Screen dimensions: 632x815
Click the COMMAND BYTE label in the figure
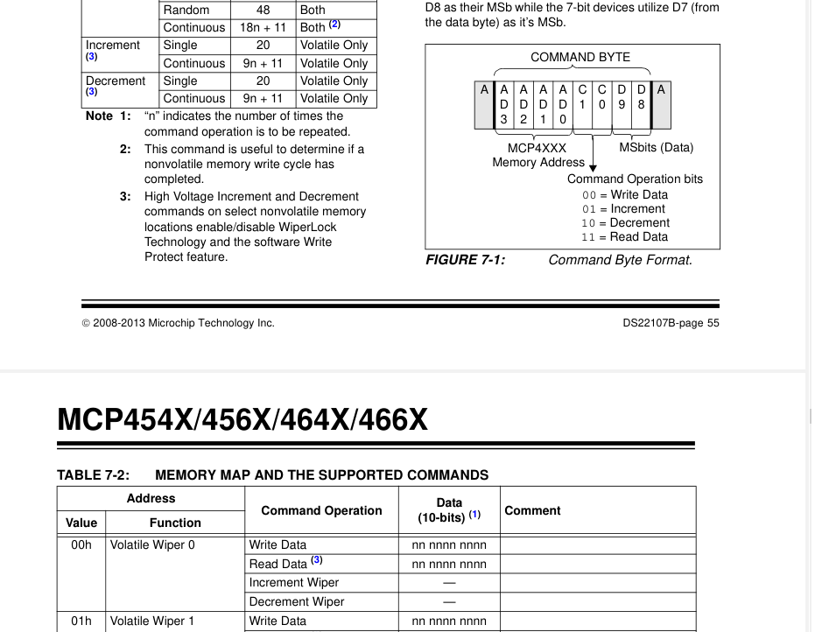point(580,57)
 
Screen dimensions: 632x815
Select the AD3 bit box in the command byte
point(504,104)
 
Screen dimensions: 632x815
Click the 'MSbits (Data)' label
point(656,147)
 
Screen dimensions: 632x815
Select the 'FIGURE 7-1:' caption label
point(465,260)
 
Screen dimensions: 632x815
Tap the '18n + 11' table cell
point(263,27)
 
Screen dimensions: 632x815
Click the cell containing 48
point(263,10)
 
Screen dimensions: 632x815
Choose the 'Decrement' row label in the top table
point(115,81)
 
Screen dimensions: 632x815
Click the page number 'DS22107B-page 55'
point(671,323)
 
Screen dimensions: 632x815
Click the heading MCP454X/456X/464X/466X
point(242,420)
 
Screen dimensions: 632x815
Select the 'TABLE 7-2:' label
point(93,475)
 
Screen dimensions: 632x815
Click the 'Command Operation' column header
point(321,510)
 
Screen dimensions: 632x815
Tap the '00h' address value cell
point(81,544)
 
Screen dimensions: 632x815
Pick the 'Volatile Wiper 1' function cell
point(151,621)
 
